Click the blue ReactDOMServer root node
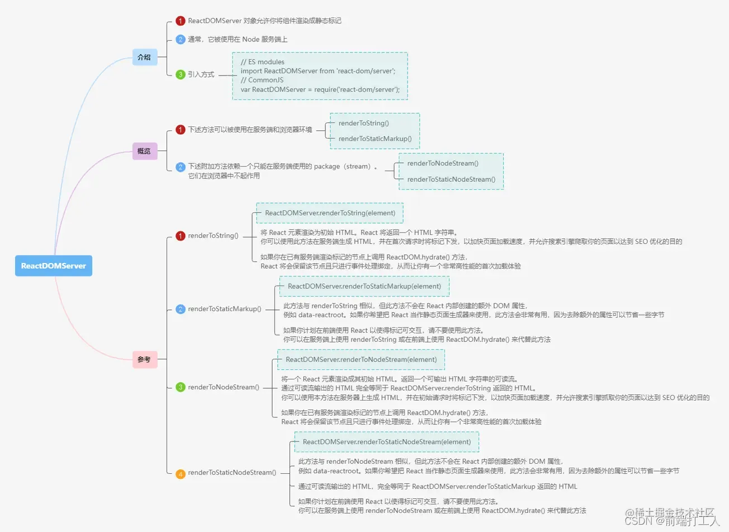(54, 266)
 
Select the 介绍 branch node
(144, 57)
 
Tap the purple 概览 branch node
(144, 151)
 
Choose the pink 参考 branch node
(144, 359)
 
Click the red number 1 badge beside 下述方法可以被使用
(181, 130)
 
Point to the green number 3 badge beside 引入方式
(181, 74)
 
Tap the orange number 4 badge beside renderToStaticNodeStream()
(181, 474)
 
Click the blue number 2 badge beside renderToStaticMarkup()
(181, 309)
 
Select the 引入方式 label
(201, 74)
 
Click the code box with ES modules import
(320, 76)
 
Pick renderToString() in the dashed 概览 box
(364, 123)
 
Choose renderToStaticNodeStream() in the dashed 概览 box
(451, 180)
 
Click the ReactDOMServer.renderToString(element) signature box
(330, 213)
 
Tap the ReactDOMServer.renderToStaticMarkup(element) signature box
(365, 286)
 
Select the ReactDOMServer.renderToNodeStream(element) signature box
(361, 360)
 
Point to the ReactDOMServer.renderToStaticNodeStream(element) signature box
(387, 442)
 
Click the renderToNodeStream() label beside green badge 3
(224, 387)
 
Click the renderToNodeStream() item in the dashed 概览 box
(443, 163)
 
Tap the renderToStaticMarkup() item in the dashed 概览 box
(375, 139)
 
